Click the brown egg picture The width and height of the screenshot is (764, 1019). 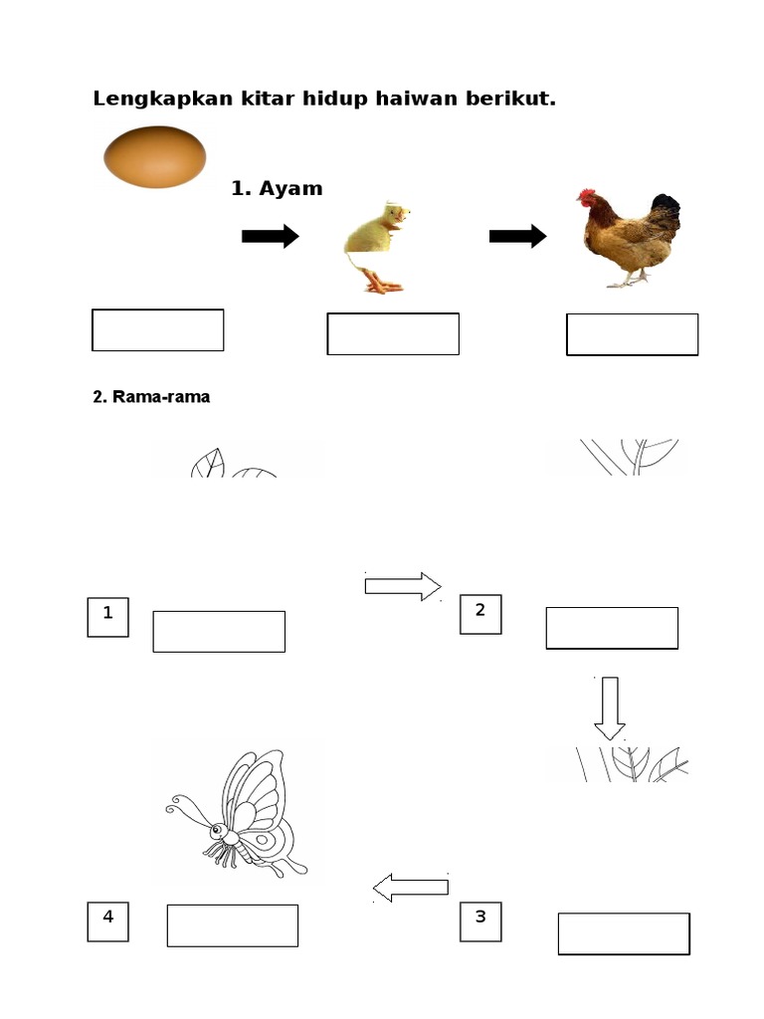[154, 156]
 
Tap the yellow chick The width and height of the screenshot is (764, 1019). [377, 247]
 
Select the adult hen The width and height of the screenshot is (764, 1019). [629, 238]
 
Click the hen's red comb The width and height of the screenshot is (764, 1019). [586, 195]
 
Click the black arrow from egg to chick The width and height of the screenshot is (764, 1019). [271, 236]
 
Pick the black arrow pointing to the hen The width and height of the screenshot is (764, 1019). [517, 236]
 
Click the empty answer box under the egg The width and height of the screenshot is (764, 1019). [158, 330]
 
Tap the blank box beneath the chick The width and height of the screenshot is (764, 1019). [393, 334]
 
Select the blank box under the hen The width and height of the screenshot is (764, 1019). [632, 334]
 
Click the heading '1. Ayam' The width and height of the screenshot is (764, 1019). [277, 188]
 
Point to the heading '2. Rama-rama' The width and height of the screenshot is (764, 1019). [151, 396]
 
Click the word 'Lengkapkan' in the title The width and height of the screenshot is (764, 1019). [163, 99]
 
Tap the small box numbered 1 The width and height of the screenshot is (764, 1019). [107, 617]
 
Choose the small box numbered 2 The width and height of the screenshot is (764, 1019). [480, 614]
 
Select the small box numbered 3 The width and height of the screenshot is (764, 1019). [480, 921]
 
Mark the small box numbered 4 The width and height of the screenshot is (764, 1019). [107, 921]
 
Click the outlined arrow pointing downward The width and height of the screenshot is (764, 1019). [610, 709]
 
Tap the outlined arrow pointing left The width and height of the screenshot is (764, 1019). [411, 888]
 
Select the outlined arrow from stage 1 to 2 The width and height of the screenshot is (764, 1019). [403, 586]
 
